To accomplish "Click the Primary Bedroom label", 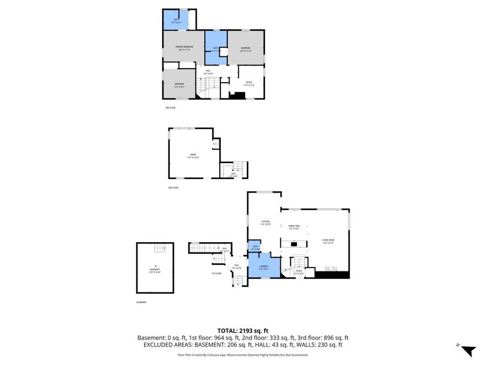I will tap(185, 48).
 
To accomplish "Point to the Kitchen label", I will tap(265, 222).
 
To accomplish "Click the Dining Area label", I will tap(294, 226).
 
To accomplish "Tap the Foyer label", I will tap(298, 272).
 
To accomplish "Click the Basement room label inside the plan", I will tap(155, 269).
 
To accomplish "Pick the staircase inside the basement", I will tap(159, 249).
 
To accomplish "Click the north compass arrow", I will tap(468, 350).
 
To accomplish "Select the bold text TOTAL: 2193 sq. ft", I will tap(242, 330).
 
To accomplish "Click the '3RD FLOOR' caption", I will tap(170, 108).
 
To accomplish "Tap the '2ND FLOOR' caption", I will tap(173, 188).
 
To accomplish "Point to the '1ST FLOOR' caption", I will tap(216, 274).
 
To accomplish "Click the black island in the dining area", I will tap(294, 244).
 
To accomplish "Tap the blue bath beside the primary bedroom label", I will tap(215, 48).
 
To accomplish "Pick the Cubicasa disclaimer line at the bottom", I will tap(242, 355).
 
